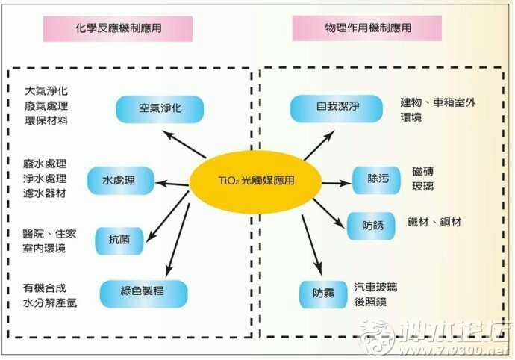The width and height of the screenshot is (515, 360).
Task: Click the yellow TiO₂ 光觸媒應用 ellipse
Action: (255, 181)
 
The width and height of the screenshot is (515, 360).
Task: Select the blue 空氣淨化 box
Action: (160, 109)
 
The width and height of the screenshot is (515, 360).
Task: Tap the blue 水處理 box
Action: (120, 181)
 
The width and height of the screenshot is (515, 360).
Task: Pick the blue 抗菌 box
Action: (119, 240)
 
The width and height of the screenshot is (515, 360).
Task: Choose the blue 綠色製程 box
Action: (143, 294)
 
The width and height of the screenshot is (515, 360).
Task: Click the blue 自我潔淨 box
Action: (337, 108)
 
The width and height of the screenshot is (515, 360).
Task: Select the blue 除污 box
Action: (376, 180)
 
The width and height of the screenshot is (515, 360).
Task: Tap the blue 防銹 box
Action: (371, 226)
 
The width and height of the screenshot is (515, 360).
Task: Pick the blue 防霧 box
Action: (323, 294)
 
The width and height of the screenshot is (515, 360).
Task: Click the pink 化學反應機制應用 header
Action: (118, 28)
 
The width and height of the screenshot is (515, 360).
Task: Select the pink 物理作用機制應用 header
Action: (367, 28)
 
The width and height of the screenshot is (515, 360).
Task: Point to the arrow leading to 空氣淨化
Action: (184, 144)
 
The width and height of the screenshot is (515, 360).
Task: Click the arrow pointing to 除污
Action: (337, 183)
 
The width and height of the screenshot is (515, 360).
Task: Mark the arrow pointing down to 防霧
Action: (312, 246)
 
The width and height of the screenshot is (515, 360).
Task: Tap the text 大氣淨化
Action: (46, 91)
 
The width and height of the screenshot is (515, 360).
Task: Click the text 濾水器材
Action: (45, 193)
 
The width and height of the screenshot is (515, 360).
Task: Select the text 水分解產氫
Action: (50, 302)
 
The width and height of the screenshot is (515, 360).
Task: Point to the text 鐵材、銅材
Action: (434, 223)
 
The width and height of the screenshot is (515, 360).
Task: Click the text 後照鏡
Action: (370, 302)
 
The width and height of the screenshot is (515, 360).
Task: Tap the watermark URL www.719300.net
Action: (454, 350)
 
